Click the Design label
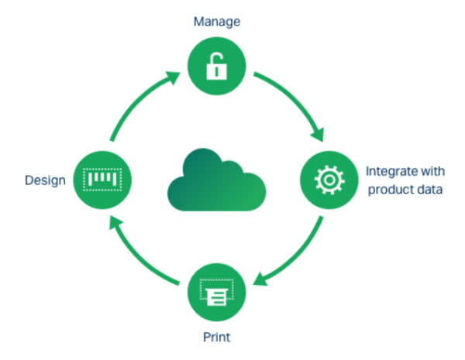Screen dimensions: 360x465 click(x=43, y=180)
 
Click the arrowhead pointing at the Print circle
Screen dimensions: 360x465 click(x=263, y=280)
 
